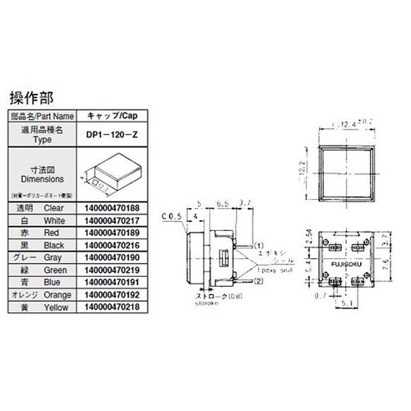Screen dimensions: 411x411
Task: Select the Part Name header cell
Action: pyautogui.click(x=40, y=116)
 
